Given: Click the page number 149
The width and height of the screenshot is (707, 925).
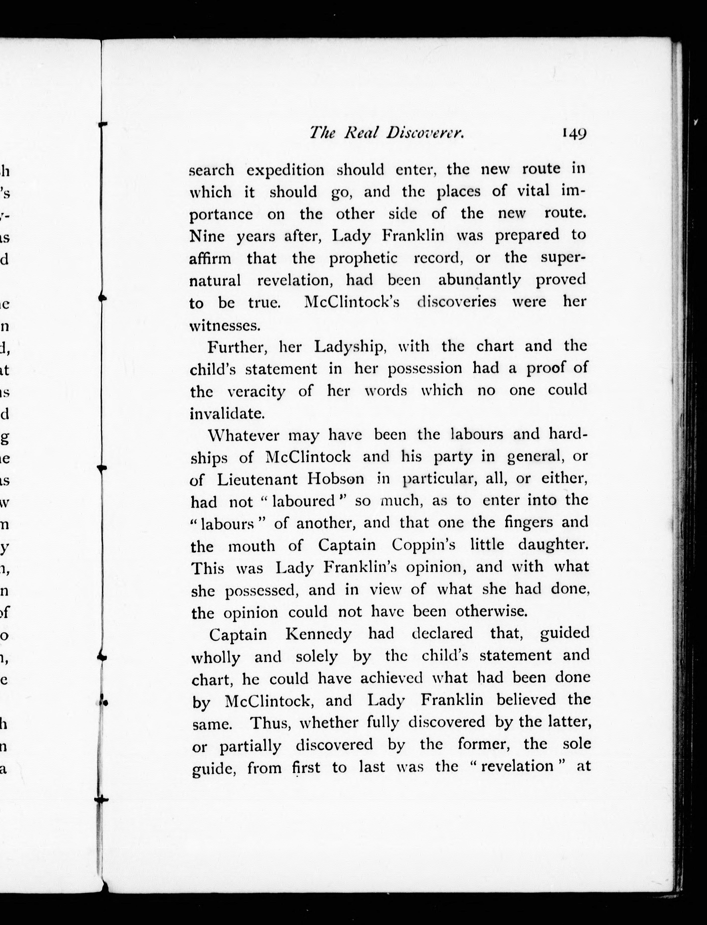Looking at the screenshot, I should (x=573, y=134).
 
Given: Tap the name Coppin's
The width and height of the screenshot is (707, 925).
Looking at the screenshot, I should (x=423, y=546).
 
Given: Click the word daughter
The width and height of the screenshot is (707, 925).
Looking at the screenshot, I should (x=553, y=546).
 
